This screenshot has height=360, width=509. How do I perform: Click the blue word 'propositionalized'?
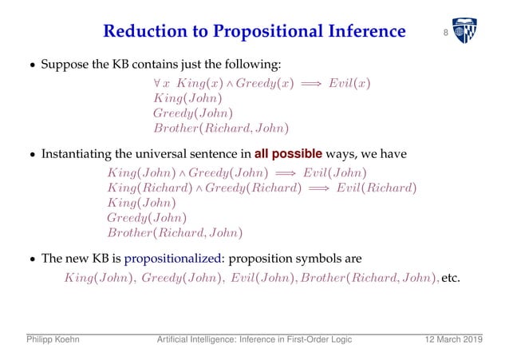coord(170,259)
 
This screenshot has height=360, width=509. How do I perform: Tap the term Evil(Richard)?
coord(374,188)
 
